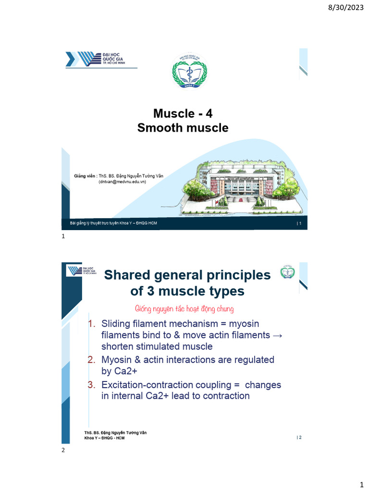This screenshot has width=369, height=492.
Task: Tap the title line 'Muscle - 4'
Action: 183,113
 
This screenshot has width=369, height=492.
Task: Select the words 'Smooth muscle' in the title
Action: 183,128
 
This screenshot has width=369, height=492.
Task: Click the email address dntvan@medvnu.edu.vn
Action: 122,182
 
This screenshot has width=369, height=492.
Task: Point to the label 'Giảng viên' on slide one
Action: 85,176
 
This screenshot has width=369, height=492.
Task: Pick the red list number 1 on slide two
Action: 92,324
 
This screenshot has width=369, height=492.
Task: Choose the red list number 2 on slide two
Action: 92,360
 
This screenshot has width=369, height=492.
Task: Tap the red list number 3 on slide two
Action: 92,385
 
